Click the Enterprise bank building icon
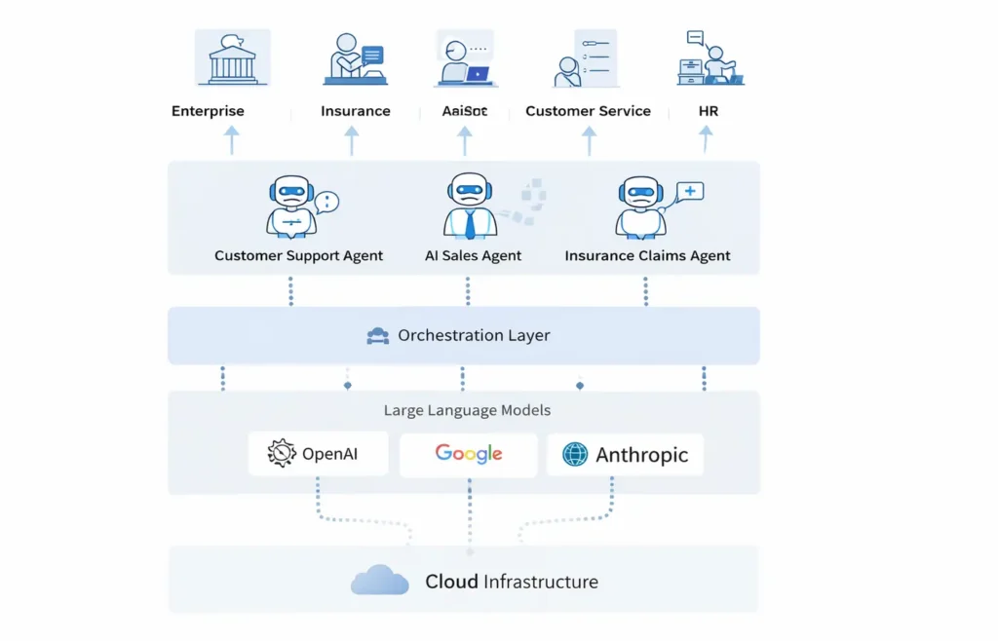[233, 58]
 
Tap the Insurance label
[356, 111]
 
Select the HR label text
[709, 111]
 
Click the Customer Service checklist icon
[585, 58]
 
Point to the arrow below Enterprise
[232, 139]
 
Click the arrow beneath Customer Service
[589, 139]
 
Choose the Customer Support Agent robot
[291, 207]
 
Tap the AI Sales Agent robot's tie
[470, 224]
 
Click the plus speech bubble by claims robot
[689, 192]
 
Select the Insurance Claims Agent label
[647, 256]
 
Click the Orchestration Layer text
[474, 336]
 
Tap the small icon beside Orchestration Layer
[378, 337]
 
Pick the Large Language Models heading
[467, 410]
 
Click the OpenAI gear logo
[282, 453]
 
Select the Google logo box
[469, 454]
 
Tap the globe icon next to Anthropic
[575, 454]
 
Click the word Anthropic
[641, 455]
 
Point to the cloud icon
[379, 582]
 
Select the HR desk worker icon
[710, 58]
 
